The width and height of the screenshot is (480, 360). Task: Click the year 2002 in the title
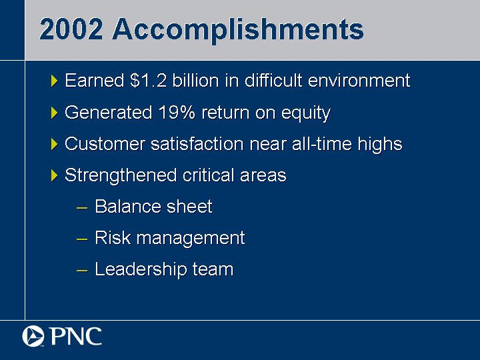71,29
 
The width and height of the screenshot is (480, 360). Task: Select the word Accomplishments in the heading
238,31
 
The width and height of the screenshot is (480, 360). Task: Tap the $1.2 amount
148,81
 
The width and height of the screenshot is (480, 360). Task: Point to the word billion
195,81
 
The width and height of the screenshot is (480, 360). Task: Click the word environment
359,81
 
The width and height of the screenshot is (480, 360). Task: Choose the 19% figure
177,112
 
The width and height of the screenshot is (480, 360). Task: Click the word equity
306,113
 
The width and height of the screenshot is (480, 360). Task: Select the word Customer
105,143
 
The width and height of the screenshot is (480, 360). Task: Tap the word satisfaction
197,143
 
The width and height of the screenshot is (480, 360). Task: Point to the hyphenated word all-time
322,143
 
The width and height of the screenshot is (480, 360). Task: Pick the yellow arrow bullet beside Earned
55,81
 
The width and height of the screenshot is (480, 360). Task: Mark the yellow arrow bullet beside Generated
55,113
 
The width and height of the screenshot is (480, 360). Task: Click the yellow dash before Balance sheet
82,208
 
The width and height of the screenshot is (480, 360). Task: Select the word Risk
113,237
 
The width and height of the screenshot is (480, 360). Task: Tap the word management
191,239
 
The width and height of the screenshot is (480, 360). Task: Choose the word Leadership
141,269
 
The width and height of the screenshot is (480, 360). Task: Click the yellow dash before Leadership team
82,271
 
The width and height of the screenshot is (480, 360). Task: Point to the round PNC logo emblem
33,336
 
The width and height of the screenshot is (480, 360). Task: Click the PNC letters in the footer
75,336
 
